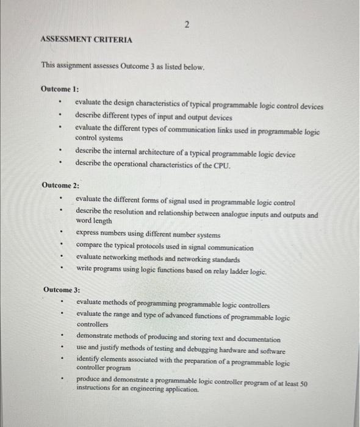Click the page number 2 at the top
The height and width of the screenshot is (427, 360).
click(x=187, y=24)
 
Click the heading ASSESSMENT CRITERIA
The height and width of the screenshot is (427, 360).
click(x=85, y=39)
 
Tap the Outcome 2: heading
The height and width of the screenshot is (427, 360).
click(x=61, y=184)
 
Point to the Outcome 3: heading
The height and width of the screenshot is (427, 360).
click(x=62, y=289)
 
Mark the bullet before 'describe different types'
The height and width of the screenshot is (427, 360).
click(x=60, y=117)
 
